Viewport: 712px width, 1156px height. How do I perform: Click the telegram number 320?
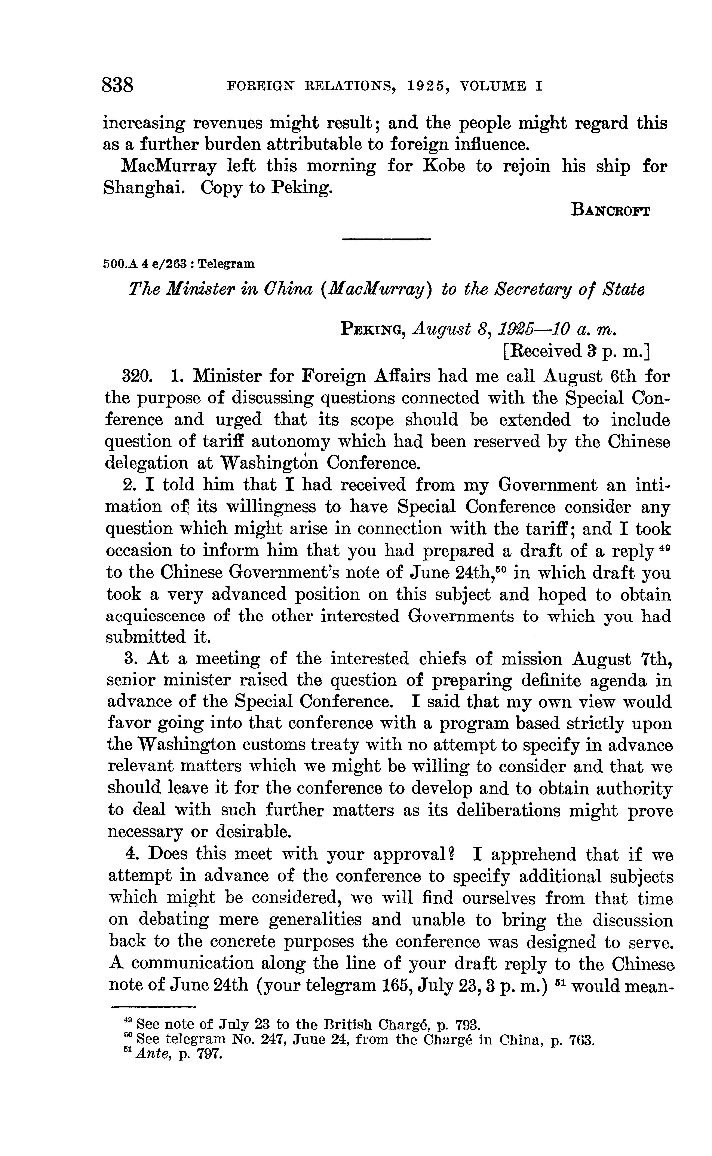click(x=136, y=376)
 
